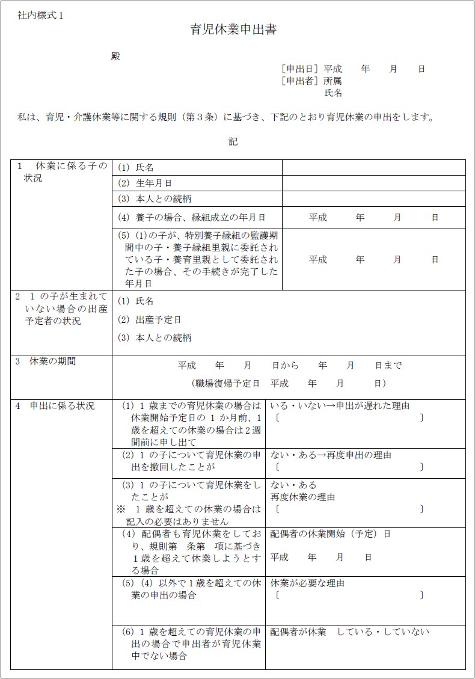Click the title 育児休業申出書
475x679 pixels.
233,30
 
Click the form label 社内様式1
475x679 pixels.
40,16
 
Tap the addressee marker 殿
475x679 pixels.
115,56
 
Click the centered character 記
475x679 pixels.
233,142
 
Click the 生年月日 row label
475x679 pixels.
145,183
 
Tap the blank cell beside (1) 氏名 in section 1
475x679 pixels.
373,167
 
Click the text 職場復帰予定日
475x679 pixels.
226,383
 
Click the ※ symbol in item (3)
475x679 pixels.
120,509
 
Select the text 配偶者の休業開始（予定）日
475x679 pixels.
330,533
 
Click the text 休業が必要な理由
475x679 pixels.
307,583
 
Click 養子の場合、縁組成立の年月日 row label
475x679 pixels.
192,217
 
